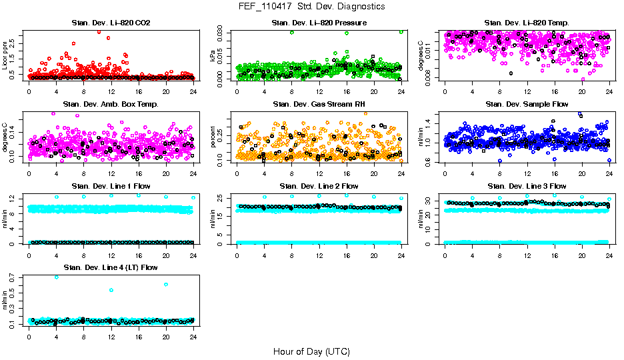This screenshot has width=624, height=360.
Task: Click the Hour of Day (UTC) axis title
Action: coord(311,351)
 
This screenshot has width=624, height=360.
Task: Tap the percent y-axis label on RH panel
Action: coord(213,137)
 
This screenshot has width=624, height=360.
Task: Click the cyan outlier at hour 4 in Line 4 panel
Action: coord(56,277)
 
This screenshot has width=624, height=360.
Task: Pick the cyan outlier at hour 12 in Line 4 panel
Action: coord(111,290)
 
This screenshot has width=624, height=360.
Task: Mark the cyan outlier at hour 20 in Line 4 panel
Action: coord(165,285)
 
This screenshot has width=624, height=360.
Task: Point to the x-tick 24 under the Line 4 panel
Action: coord(193,337)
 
